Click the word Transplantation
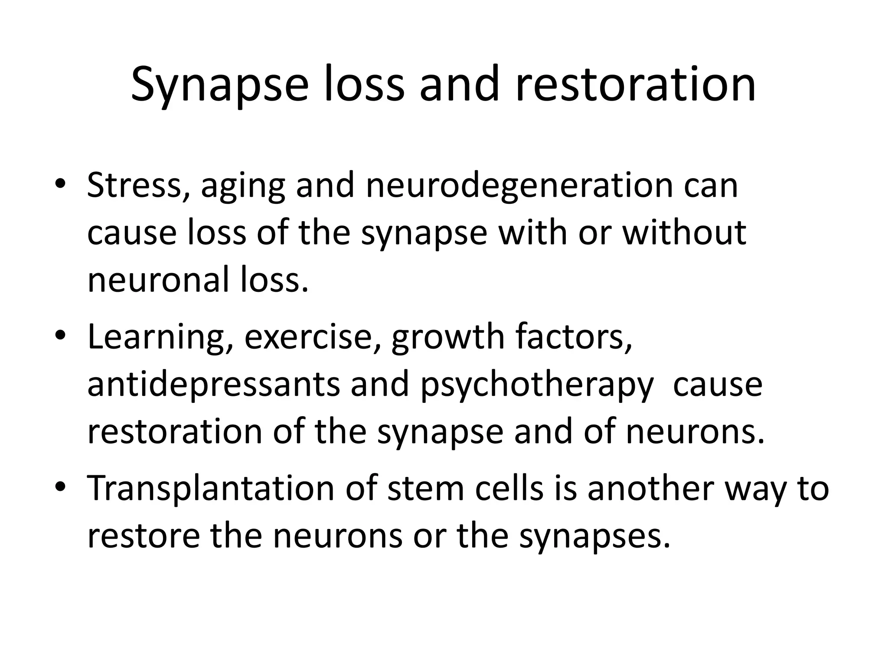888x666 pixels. (x=211, y=489)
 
